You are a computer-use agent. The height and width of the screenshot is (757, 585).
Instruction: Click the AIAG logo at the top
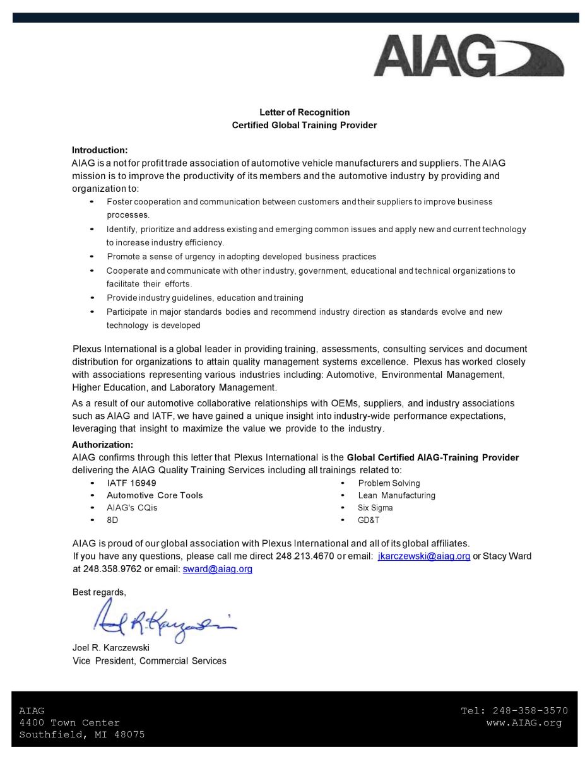coord(468,57)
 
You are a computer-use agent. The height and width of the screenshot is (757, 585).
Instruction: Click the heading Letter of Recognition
coord(304,112)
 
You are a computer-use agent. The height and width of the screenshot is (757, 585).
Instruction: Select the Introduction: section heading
coord(100,150)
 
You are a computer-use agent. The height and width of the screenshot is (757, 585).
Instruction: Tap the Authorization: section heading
coord(102,444)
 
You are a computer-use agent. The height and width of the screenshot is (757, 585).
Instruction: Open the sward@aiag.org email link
coord(218,568)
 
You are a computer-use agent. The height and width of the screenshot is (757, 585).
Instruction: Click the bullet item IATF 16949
coord(131,483)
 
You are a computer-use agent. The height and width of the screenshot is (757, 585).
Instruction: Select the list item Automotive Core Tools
coord(155,495)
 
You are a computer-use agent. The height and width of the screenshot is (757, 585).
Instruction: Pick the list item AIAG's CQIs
coord(132,508)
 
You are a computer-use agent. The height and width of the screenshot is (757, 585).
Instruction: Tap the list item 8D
coord(112,520)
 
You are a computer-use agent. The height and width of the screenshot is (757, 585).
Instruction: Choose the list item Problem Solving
coord(389,483)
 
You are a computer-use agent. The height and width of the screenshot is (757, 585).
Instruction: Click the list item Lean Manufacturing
coord(396,495)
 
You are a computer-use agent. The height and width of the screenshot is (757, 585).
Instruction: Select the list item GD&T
coord(369,520)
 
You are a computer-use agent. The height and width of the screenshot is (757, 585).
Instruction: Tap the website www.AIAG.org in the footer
coord(524,722)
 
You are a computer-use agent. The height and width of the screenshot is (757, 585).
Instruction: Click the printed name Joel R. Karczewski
coord(111,648)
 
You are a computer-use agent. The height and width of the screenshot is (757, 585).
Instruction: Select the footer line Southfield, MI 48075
coord(82,734)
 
